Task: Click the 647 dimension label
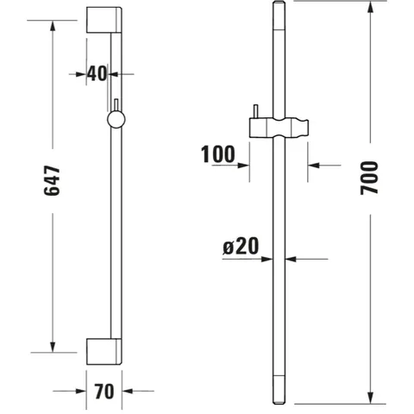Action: pos(52,181)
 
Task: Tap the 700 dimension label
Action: pos(369,179)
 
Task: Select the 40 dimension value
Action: pos(97,73)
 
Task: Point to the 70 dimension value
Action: pos(104,391)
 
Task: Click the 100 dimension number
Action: pos(217,154)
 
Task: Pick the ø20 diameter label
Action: pos(241,247)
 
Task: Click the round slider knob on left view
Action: pos(116,120)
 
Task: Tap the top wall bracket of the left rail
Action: pos(104,20)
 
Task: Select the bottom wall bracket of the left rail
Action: pos(104,352)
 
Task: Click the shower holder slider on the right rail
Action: pos(279,128)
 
